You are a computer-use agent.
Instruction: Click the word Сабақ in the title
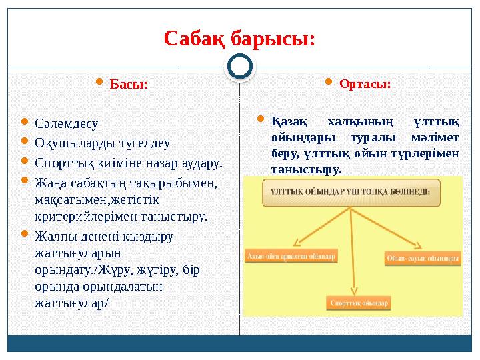195,39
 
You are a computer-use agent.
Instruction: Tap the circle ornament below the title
239,67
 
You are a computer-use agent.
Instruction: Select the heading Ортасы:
365,85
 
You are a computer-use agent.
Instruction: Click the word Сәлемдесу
66,123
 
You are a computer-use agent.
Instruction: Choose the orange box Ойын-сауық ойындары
422,257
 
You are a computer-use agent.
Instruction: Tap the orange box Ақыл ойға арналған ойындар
291,255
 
